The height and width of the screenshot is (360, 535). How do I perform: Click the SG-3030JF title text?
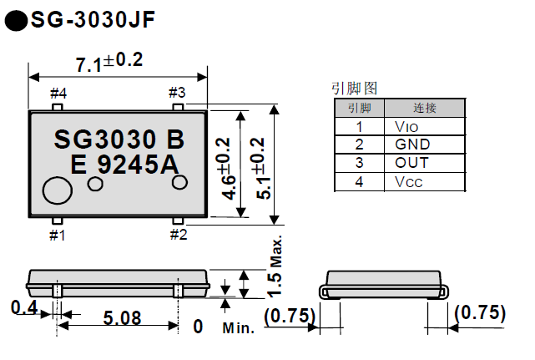[92, 18]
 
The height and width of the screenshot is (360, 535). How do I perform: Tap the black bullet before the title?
[16, 20]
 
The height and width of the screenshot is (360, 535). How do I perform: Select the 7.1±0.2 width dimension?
[109, 62]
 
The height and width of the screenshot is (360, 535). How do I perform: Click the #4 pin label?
[58, 92]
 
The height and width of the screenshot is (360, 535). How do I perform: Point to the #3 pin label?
[177, 92]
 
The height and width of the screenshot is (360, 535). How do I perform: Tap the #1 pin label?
[57, 235]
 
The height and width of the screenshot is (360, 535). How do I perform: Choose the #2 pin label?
[179, 235]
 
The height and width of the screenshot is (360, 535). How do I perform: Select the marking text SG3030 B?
[119, 138]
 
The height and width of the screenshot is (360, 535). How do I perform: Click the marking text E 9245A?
[125, 165]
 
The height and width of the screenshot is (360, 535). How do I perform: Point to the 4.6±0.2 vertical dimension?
[224, 166]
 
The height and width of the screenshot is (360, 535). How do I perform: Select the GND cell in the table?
[412, 145]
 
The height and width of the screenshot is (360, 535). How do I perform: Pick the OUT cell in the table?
[412, 163]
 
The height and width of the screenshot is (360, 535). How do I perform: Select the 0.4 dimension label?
[24, 308]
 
